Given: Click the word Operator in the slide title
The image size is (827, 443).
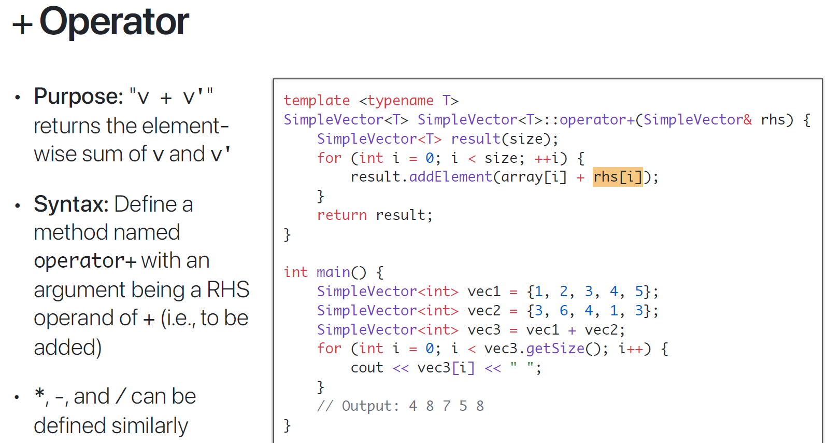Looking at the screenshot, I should point(114,22).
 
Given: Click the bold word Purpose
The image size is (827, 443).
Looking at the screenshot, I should point(78,96).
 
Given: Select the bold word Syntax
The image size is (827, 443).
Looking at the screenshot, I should point(70,204).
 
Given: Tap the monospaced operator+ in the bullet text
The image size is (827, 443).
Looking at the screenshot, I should point(85,261).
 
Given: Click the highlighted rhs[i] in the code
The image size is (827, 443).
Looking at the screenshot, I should point(618,177).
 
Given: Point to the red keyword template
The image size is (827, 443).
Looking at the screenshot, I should point(317,101).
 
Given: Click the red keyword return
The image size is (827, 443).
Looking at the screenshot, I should point(341,215).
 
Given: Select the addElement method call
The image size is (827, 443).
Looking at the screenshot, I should point(450,177).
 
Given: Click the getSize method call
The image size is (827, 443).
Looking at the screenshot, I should point(555,349).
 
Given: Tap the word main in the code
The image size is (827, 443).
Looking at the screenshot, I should point(333,272).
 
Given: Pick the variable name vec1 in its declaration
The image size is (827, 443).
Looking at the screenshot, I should point(484,292).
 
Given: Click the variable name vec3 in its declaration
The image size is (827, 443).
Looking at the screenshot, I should point(484,330).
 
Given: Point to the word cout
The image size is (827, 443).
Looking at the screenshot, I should point(367,368).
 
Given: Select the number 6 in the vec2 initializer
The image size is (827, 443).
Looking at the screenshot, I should point(564,311).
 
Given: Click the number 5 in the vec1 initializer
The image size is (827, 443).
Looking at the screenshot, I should point(639,292).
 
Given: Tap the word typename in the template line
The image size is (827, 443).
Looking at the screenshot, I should point(400,101).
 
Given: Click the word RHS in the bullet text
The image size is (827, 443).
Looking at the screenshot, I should point(228,290).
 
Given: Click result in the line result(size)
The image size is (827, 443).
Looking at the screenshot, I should point(476,139).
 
